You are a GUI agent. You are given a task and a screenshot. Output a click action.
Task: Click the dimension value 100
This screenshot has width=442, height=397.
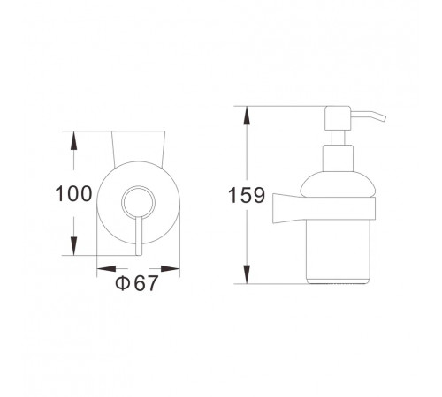click(x=73, y=193)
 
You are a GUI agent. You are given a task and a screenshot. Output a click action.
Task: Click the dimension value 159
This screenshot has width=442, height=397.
click(x=247, y=195)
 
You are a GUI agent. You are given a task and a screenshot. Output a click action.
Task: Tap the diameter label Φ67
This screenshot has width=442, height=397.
click(x=136, y=283)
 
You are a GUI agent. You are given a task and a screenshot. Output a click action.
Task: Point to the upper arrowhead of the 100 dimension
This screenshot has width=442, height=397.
click(x=73, y=142)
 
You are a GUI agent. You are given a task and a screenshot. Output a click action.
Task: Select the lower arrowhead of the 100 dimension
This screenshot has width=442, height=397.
click(x=73, y=245)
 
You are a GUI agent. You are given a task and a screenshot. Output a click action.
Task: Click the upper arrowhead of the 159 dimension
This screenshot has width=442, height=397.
click(x=247, y=116)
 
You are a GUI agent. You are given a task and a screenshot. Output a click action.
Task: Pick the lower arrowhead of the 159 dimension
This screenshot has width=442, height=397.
click(x=247, y=273)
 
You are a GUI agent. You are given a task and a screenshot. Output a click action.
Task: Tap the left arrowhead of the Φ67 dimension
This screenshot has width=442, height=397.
click(x=107, y=268)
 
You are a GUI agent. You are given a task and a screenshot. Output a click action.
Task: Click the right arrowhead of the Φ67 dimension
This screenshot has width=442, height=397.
click(x=170, y=268)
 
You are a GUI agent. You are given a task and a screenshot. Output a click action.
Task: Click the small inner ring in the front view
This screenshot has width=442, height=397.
click(x=138, y=187)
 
